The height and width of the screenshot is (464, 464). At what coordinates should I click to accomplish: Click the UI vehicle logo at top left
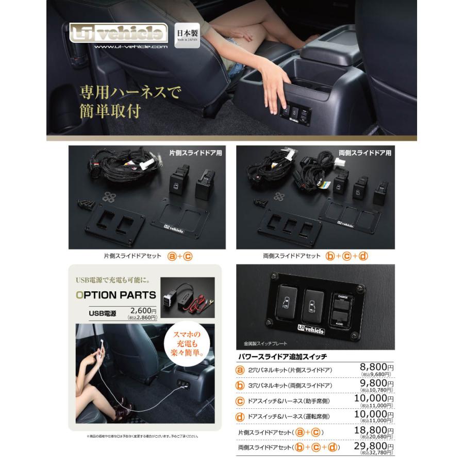point(119,34)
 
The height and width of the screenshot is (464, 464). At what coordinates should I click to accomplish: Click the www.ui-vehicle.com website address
point(131,47)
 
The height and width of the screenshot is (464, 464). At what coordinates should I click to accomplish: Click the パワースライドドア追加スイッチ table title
point(282,356)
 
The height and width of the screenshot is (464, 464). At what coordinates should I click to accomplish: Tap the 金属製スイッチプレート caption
point(266,343)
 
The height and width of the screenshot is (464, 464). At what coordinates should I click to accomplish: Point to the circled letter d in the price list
point(240,416)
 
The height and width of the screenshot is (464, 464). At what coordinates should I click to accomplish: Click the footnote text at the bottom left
point(142,436)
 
